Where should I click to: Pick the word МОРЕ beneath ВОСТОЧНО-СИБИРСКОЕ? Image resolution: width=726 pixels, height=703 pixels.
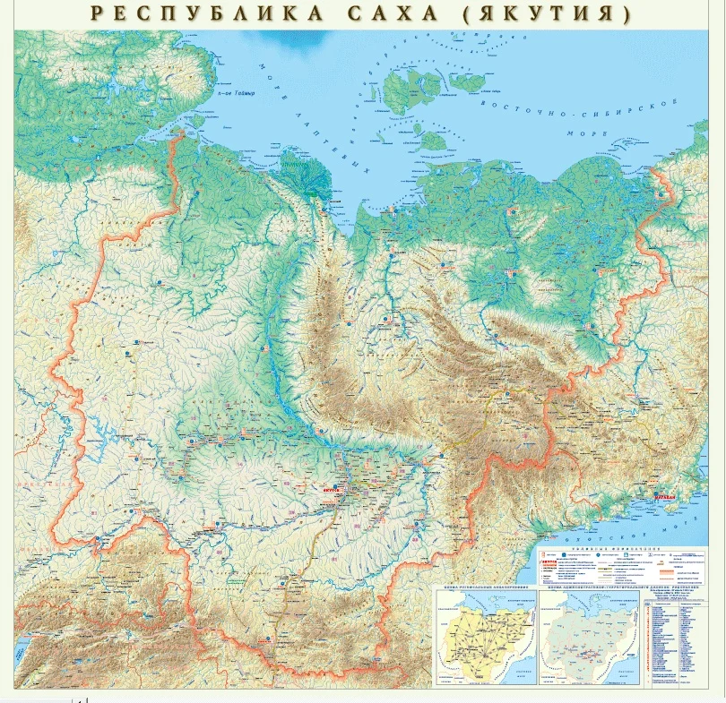tap(587, 134)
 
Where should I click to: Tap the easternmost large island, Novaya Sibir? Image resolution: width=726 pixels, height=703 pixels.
tap(466, 81)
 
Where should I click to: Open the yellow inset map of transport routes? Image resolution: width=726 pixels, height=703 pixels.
tap(485, 636)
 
